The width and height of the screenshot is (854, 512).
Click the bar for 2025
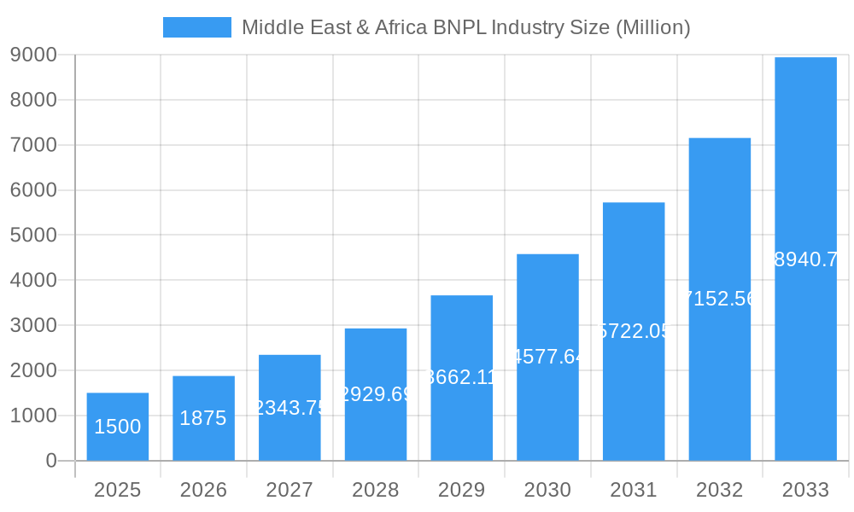(118, 427)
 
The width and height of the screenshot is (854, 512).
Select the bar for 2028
(376, 394)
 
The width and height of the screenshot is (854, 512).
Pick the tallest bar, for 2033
(805, 259)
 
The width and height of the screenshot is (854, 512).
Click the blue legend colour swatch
(197, 27)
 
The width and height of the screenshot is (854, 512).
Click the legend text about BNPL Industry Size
(465, 27)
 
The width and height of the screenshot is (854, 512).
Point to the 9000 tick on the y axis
(33, 55)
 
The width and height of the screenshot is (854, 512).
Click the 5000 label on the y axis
(33, 236)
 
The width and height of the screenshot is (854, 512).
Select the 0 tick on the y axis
(50, 461)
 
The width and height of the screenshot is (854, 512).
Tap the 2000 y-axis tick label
(33, 370)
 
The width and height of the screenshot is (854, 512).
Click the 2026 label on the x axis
(203, 490)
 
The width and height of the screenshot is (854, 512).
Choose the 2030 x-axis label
(547, 490)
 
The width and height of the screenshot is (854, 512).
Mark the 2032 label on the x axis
(720, 490)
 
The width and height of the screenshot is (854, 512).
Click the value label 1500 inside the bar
(118, 427)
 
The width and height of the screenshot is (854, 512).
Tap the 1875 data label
(203, 418)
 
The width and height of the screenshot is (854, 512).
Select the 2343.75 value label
(290, 408)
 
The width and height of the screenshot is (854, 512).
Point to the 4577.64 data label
(547, 357)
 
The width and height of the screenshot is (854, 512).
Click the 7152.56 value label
(720, 299)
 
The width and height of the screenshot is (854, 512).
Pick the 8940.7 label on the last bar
(805, 259)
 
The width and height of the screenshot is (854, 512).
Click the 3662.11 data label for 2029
(461, 377)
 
